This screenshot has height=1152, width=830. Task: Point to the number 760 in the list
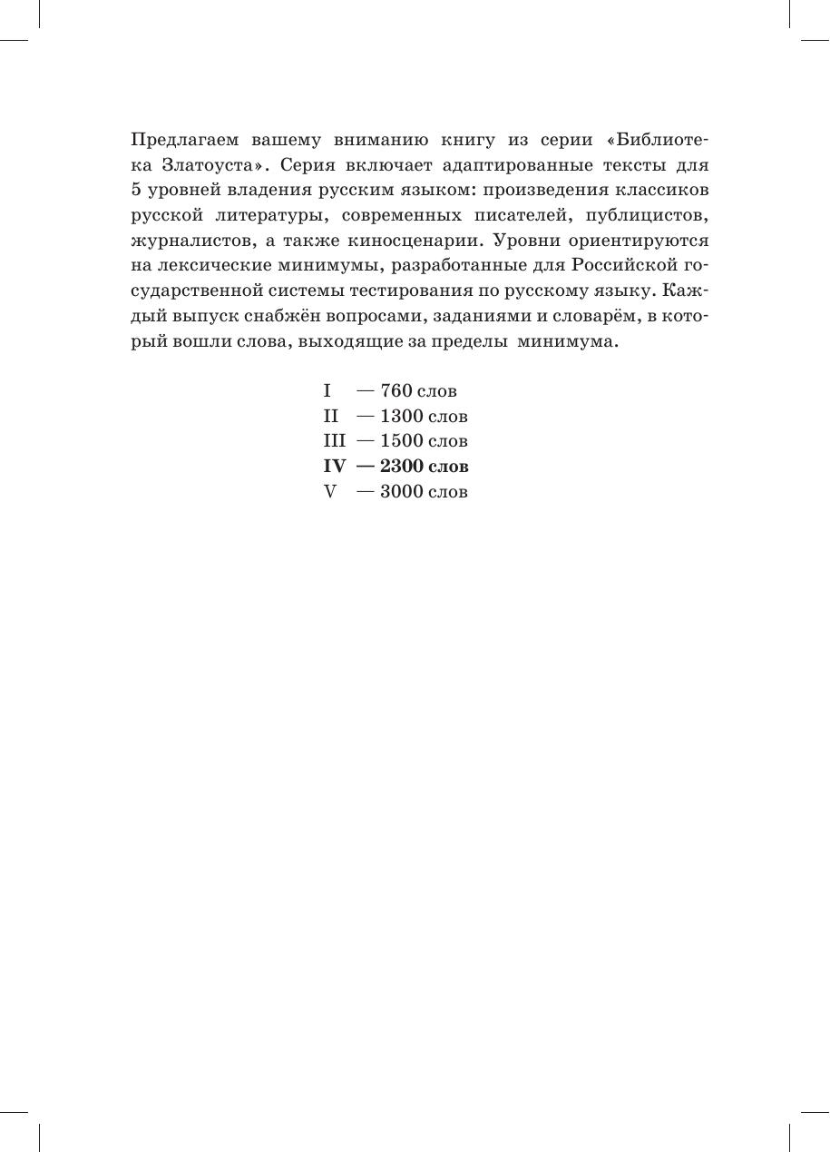point(396,391)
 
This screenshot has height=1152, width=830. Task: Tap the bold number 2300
point(402,467)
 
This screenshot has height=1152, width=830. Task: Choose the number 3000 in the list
point(402,492)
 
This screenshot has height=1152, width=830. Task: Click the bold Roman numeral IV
point(335,467)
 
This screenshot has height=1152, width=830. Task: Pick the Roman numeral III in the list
point(335,441)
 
